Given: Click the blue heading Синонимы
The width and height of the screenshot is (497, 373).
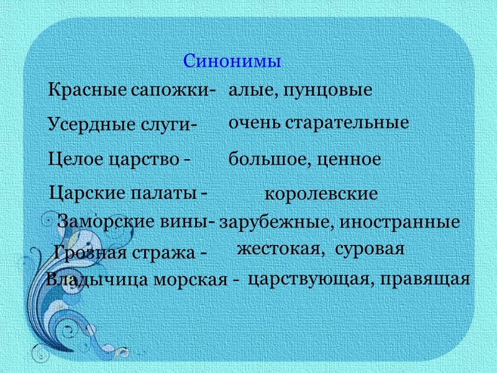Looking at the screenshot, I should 233,62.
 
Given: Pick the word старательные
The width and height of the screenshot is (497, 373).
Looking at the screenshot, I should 347,123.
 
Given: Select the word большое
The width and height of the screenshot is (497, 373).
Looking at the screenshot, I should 268,160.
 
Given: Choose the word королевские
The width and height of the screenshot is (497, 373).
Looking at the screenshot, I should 321,194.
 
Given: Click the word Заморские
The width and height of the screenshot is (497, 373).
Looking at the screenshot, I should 99,221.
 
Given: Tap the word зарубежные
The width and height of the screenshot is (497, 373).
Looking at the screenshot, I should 269,222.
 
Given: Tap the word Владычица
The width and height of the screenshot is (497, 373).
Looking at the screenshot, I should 88,280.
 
